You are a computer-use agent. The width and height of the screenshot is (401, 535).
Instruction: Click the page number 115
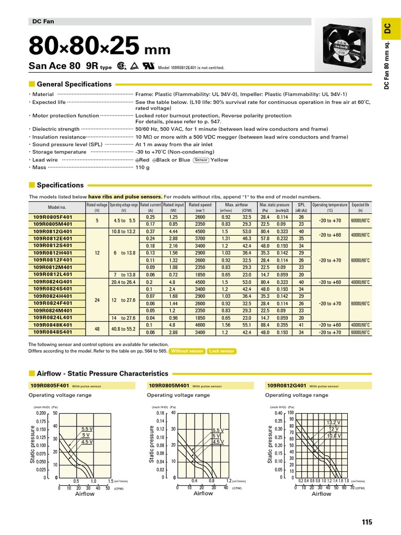point(367,521)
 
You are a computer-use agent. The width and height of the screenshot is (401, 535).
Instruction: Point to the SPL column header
point(301,205)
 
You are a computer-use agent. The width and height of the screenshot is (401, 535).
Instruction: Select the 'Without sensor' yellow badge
point(187,351)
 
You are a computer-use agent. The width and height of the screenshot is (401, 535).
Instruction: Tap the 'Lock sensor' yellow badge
point(221,351)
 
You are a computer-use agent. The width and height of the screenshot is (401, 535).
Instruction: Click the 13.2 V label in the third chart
point(334,422)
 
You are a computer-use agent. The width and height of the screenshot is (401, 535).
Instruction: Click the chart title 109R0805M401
point(169,386)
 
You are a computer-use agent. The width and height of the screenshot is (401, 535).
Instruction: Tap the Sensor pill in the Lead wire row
point(201,160)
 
